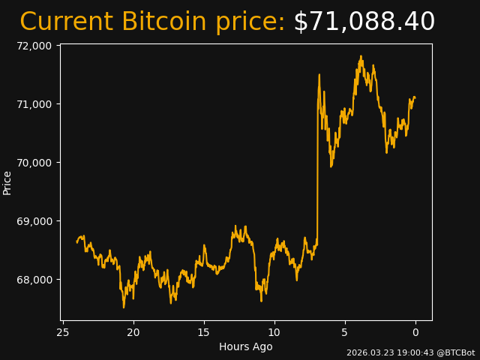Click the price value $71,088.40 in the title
pos(364,22)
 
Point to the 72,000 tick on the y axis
pos(33,46)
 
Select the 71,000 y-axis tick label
pos(33,104)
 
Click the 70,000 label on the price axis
pos(33,163)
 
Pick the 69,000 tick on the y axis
pos(33,221)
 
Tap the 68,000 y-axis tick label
pos(33,280)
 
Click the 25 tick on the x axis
pos(63,332)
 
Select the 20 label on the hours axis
pos(133,332)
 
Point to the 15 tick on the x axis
pos(204,332)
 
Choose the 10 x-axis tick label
pos(274,332)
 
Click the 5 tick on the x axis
pos(345,332)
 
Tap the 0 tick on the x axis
pos(415,332)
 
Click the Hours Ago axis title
pos(246,346)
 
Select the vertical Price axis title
pos(7,183)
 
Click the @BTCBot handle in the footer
pos(456,352)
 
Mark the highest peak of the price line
pos(361,56)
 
